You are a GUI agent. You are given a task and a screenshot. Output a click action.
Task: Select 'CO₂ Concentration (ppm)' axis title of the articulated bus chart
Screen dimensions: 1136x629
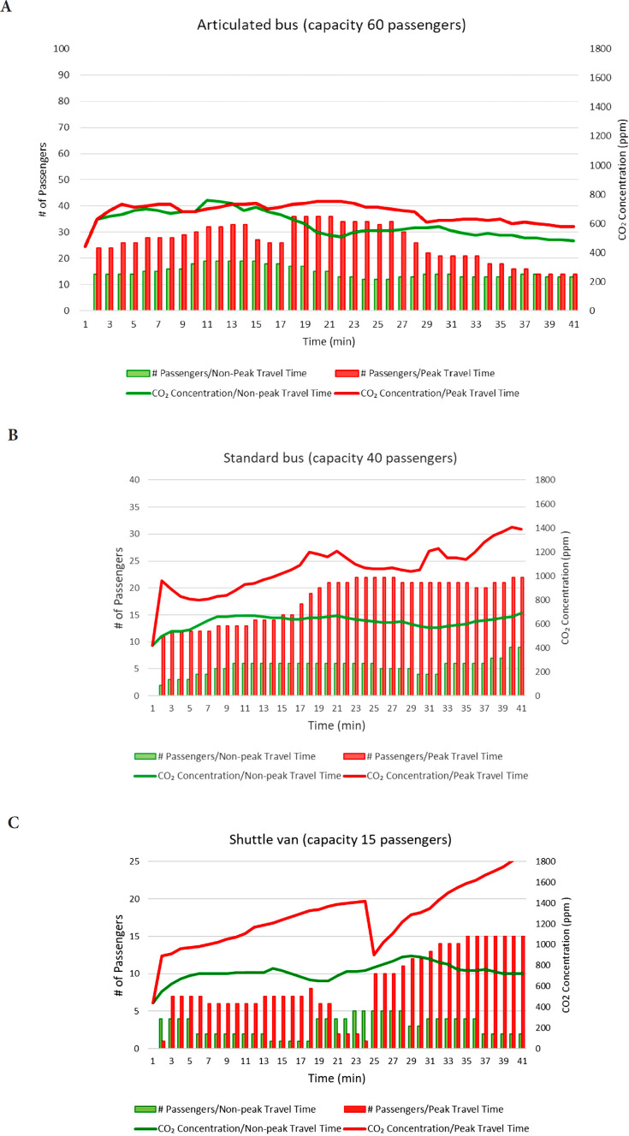[x=620, y=180]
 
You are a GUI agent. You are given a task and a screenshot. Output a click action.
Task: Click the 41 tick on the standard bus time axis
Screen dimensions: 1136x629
[x=521, y=709]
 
